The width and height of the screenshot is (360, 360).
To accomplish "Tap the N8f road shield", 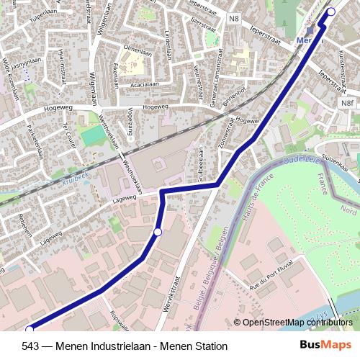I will (x=348, y=104).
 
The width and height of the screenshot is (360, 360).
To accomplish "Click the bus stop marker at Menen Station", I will (x=331, y=12).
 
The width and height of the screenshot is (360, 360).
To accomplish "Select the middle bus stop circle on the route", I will (x=158, y=232).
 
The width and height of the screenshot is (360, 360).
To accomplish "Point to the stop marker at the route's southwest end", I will (x=29, y=330).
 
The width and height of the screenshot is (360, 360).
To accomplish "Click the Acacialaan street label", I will (x=140, y=84).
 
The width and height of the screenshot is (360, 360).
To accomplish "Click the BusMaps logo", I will (x=325, y=346).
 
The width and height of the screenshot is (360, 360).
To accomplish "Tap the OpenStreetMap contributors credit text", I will (x=297, y=323).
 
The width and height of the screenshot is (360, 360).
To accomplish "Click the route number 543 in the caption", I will (x=30, y=346).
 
